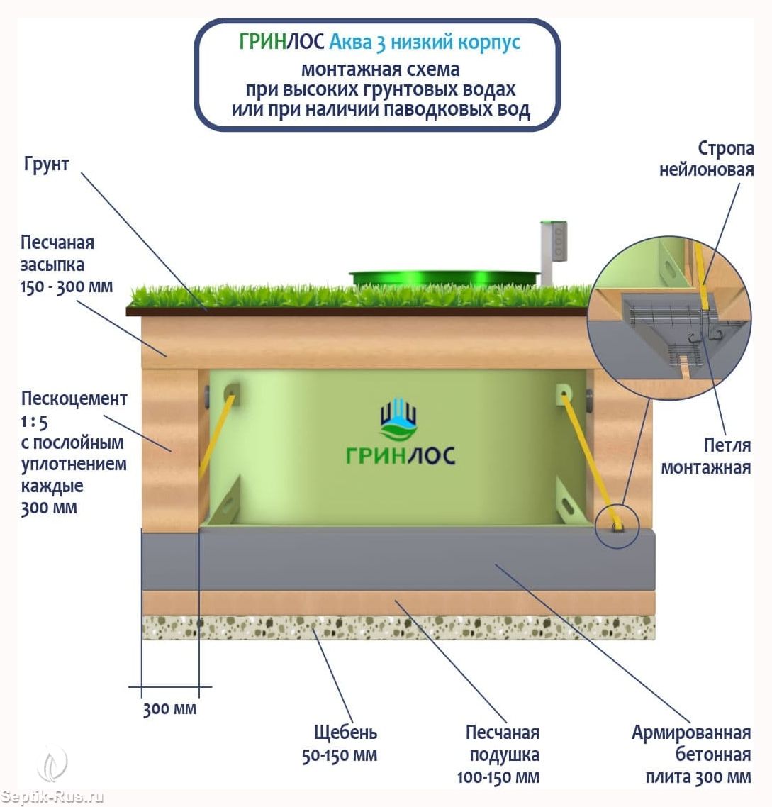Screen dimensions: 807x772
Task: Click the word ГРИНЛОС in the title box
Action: pos(281,43)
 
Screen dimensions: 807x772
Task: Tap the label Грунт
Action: pos(46,165)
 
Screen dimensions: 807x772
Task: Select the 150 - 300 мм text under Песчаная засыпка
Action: pos(67,287)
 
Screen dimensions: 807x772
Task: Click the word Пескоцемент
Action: pos(74,399)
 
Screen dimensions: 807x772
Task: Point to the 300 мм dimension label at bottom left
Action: pos(169,708)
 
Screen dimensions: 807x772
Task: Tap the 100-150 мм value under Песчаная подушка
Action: pos(498,777)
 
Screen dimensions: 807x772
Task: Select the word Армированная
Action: pos(690,732)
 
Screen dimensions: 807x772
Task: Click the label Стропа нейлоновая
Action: pos(706,159)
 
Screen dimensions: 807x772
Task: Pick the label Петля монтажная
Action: pos(705,456)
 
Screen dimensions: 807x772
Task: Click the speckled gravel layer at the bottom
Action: pos(398,628)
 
